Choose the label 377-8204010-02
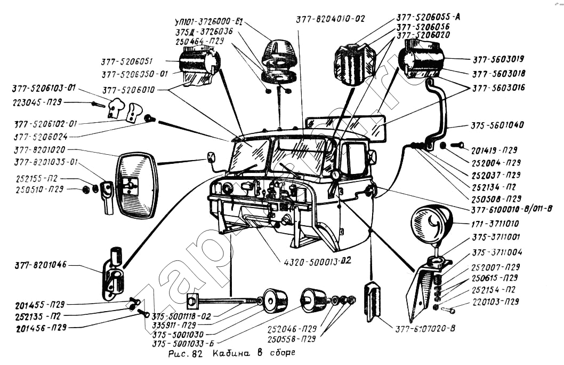[331, 19]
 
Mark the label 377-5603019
[498, 59]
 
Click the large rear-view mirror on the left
[136, 185]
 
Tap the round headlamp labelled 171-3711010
[431, 223]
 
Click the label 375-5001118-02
[181, 316]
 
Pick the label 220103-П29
[495, 301]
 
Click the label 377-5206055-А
[429, 17]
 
